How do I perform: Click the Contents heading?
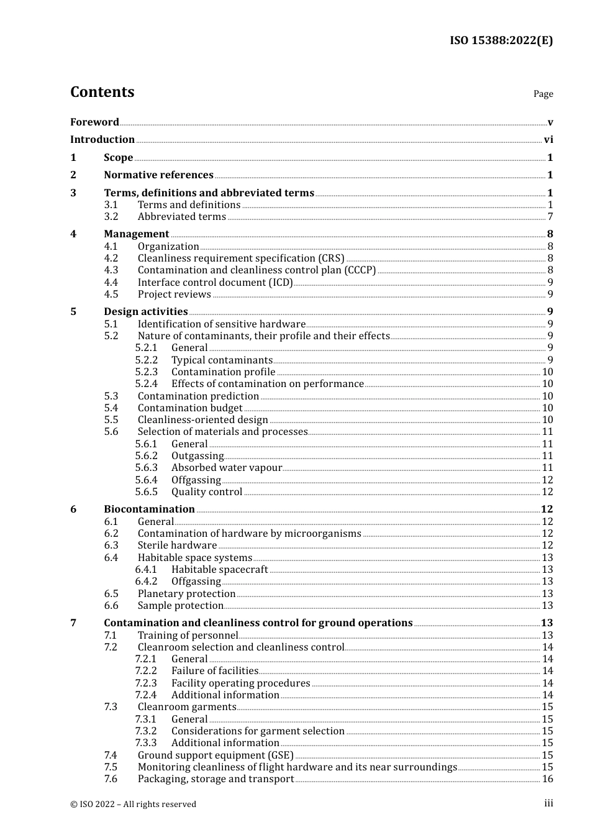pyautogui.click(x=102, y=92)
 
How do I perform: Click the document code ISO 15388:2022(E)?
pyautogui.click(x=501, y=40)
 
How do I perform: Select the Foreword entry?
pyautogui.click(x=94, y=122)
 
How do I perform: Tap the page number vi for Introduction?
pyautogui.click(x=548, y=140)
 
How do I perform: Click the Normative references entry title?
pyautogui.click(x=158, y=175)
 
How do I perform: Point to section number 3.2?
pyautogui.click(x=111, y=217)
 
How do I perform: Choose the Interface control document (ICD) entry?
pyautogui.click(x=215, y=283)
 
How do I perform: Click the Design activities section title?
pyautogui.click(x=145, y=312)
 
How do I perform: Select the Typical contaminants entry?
pyautogui.click(x=222, y=360)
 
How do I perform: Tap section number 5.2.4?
pyautogui.click(x=147, y=384)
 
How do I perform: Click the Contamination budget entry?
pyautogui.click(x=190, y=408)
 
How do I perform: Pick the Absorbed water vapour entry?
pyautogui.click(x=226, y=468)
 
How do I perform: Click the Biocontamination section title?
pyautogui.click(x=149, y=509)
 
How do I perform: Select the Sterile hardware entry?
pyautogui.click(x=177, y=545)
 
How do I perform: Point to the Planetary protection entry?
pyautogui.click(x=186, y=594)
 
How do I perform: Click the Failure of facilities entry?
pyautogui.click(x=214, y=671)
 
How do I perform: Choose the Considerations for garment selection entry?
pyautogui.click(x=258, y=731)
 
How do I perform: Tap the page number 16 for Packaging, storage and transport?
pyautogui.click(x=547, y=779)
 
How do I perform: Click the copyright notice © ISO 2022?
pyautogui.click(x=133, y=804)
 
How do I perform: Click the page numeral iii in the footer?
pyautogui.click(x=548, y=803)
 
